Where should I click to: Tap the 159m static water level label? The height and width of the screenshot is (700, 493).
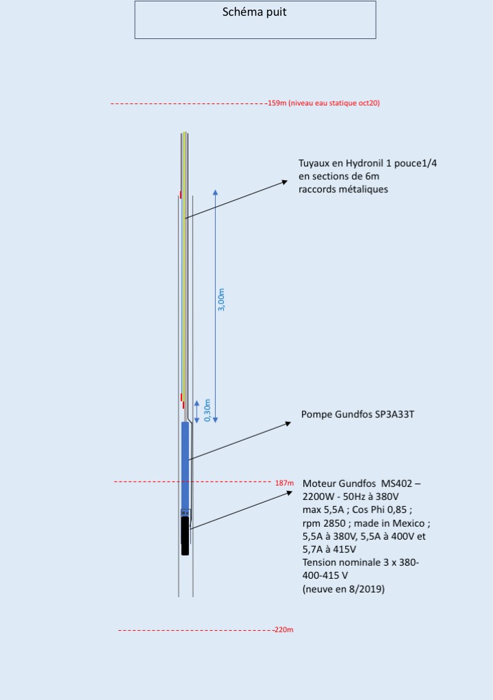[324, 103]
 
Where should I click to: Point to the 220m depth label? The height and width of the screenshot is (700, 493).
[283, 629]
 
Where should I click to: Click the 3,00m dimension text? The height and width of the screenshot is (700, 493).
[220, 300]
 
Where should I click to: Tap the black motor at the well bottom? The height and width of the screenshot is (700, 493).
[185, 536]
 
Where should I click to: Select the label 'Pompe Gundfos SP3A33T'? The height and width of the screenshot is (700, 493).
[357, 415]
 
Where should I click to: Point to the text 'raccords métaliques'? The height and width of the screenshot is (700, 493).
[343, 189]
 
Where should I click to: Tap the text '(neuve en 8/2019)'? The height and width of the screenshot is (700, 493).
[343, 588]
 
